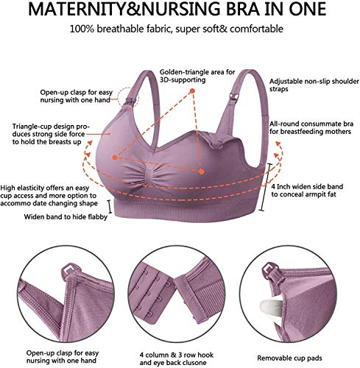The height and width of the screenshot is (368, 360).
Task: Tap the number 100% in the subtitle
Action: (x=82, y=29)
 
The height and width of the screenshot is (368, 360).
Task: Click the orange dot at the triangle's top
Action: (x=192, y=91)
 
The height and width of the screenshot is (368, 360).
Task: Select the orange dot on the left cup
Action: (x=114, y=158)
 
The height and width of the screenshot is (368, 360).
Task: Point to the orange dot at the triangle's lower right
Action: (x=201, y=171)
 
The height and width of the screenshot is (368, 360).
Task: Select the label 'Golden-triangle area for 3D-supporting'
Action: (x=197, y=76)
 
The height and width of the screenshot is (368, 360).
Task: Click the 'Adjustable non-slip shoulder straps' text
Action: (x=314, y=85)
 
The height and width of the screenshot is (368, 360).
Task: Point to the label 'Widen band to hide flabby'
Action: (x=66, y=217)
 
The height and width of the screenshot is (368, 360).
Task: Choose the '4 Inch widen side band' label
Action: (x=307, y=187)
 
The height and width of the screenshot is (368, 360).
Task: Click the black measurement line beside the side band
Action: (x=267, y=187)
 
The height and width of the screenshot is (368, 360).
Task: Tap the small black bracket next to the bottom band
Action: (x=110, y=207)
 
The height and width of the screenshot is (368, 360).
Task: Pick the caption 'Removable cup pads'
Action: (x=289, y=358)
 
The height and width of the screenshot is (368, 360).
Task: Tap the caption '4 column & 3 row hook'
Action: (x=177, y=355)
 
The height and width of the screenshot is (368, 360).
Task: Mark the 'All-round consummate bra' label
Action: (x=311, y=124)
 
